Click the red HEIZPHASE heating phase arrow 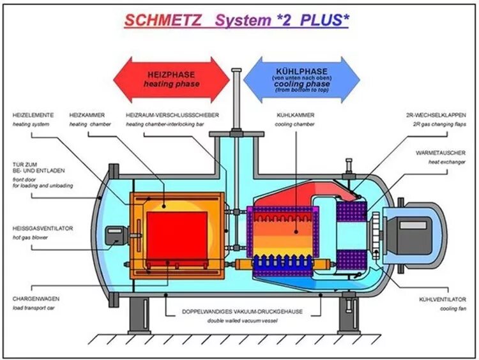coord(171,79)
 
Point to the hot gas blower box coord(115,235)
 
